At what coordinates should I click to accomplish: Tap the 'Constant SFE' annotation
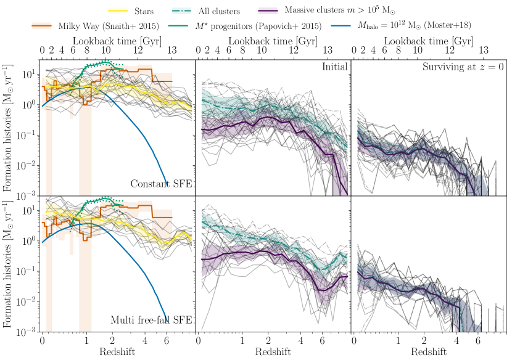161,184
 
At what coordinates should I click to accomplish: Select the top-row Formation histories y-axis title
9,129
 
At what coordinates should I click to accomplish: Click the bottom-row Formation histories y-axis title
9,264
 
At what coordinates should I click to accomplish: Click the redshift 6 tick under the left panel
167,340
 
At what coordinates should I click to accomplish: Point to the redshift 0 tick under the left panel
42,340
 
